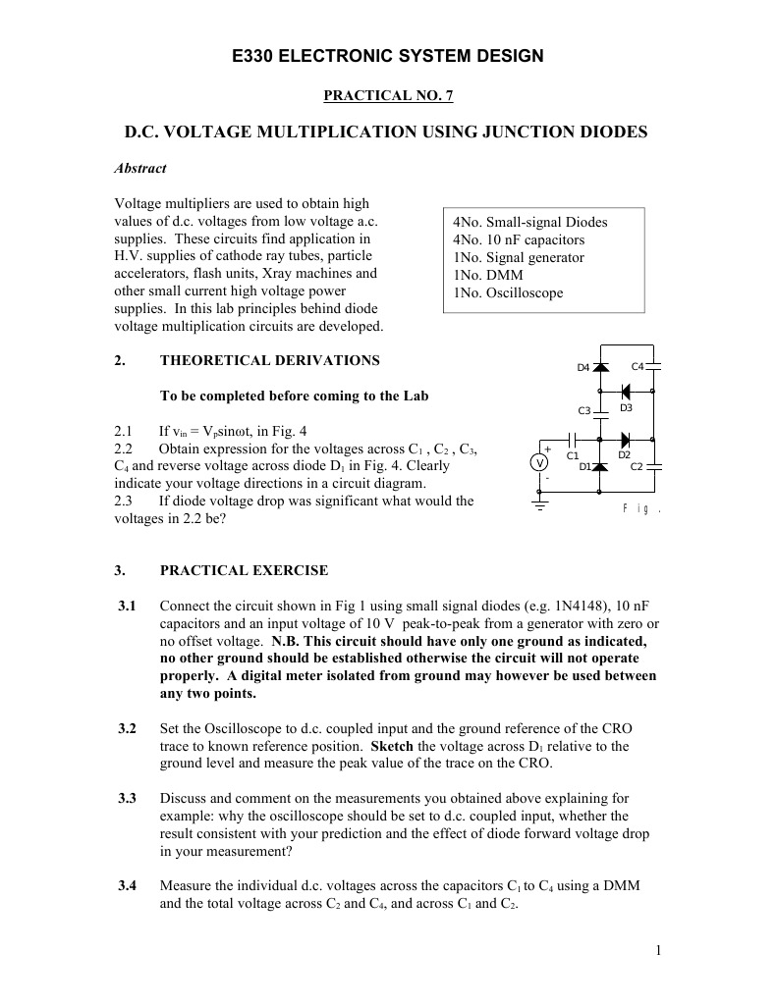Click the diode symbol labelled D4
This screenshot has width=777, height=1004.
point(600,367)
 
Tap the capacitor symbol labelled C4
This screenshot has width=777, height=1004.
point(655,367)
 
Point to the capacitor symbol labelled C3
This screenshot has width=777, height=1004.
point(600,411)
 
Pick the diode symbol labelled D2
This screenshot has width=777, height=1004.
point(625,439)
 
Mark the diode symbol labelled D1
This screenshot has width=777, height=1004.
point(600,466)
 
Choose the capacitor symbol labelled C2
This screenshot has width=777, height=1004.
point(655,466)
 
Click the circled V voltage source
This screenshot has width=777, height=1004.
point(538,463)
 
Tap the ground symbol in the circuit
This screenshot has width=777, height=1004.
point(538,504)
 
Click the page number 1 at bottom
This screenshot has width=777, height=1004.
point(657,950)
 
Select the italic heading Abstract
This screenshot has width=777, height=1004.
point(140,168)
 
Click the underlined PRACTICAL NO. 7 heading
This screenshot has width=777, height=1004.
point(388,95)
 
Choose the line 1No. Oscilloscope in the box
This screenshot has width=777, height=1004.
point(508,292)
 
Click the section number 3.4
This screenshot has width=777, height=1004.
point(127,885)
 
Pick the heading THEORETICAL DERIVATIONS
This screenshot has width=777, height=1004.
point(269,360)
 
